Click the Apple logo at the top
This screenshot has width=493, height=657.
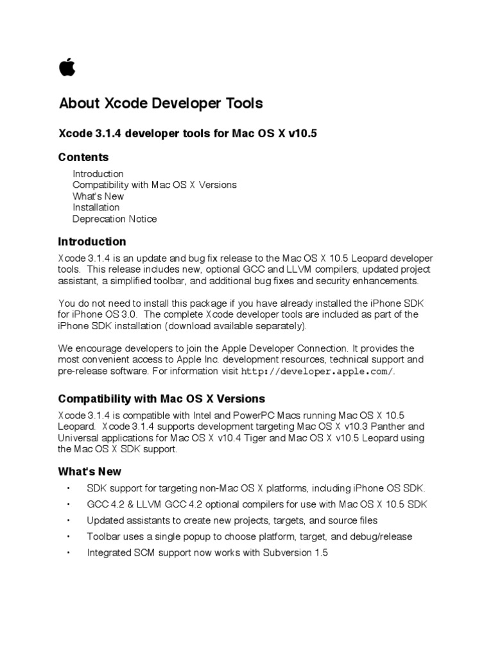(67, 66)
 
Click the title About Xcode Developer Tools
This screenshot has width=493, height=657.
(160, 103)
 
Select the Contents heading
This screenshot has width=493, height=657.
(83, 157)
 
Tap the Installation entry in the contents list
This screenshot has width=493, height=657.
(96, 207)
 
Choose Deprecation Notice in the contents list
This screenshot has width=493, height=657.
(114, 219)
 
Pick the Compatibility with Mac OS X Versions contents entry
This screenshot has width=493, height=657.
(154, 185)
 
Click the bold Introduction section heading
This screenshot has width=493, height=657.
(92, 242)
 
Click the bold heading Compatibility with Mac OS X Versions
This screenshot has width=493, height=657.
(161, 398)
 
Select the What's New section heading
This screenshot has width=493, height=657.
(89, 471)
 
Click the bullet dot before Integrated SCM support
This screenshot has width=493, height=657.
(67, 552)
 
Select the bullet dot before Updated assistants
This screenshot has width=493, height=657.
(67, 520)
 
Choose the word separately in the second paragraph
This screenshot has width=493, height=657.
(282, 326)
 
